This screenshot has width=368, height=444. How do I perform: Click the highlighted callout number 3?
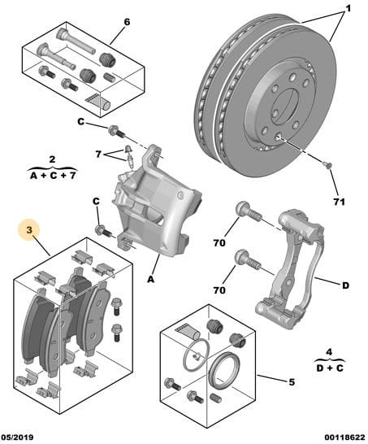coord(29,230)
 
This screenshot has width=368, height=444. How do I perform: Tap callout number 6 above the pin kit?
coord(127,22)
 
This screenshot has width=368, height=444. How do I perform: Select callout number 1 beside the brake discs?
coord(348,8)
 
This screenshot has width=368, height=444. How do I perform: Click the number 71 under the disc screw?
coord(339,202)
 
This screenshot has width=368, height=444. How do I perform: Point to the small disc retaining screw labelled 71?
coord(328,164)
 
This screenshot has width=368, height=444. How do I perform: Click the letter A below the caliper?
coord(151,279)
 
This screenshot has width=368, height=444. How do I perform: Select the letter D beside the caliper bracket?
coord(345,285)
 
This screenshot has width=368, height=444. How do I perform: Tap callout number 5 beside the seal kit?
coord(292,382)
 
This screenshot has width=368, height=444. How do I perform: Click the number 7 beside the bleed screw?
coord(98,155)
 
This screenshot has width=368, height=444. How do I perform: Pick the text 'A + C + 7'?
coord(53,176)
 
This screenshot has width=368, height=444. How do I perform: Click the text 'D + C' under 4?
coord(330,368)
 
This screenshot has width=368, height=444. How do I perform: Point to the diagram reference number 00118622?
coord(344,437)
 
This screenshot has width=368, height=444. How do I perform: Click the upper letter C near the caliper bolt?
coord(81,122)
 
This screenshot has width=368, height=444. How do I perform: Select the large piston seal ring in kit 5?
coord(226,368)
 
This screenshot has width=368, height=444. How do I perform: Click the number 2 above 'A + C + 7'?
coord(52,159)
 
